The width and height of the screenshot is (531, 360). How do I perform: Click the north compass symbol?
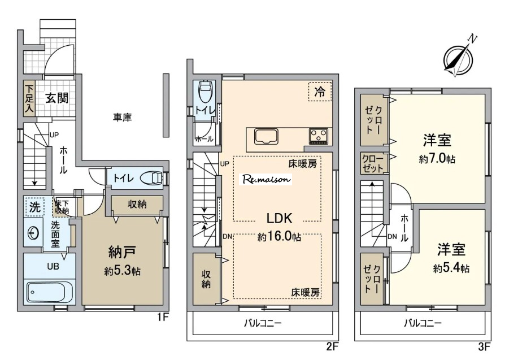459,58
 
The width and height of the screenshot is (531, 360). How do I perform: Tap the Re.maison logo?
267,179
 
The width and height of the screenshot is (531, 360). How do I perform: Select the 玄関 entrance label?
57,98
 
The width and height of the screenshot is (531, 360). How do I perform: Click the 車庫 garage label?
122,118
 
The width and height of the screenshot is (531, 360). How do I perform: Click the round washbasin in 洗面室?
33,233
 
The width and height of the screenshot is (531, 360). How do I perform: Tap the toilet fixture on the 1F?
153,178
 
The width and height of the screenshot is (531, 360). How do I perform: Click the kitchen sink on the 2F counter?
267,137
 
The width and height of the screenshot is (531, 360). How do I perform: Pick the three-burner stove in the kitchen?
319,136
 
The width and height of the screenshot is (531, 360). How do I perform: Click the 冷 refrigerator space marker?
320,92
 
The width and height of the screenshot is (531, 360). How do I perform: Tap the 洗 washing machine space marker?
34,207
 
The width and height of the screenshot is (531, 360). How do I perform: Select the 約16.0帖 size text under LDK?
280,236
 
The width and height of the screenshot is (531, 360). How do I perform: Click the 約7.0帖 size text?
437,158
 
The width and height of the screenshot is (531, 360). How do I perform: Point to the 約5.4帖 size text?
451,268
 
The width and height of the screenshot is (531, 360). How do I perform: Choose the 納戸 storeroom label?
122,252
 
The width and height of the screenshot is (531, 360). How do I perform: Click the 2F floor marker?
332,346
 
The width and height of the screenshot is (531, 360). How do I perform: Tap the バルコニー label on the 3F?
423,323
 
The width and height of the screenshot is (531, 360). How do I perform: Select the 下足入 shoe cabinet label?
29,98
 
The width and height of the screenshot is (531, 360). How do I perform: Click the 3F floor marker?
485,346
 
